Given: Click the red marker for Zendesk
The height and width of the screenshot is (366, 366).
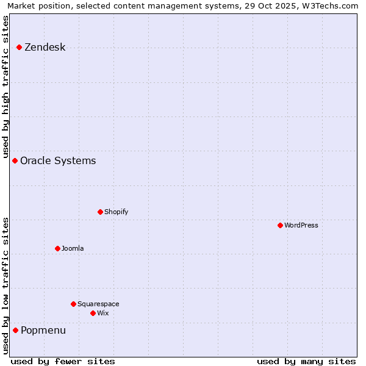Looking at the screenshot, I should pyautogui.click(x=20, y=47).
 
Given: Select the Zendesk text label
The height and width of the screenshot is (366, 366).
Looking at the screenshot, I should pyautogui.click(x=45, y=48).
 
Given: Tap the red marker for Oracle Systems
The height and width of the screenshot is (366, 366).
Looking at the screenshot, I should pyautogui.click(x=15, y=160).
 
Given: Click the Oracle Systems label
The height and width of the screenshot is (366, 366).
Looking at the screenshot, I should pyautogui.click(x=58, y=161).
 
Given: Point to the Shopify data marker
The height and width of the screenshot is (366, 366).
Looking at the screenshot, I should pyautogui.click(x=100, y=212).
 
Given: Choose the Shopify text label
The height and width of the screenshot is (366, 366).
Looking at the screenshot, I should pyautogui.click(x=116, y=212).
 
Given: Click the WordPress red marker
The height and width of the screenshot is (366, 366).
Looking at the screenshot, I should pyautogui.click(x=280, y=225).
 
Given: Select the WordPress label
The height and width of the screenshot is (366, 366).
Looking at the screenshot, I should pyautogui.click(x=301, y=225).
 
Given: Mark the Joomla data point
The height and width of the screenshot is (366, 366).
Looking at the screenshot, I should pyautogui.click(x=57, y=248).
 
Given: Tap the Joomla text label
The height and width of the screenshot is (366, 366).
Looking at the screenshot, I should pyautogui.click(x=73, y=248).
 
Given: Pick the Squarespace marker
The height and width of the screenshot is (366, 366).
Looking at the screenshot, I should pyautogui.click(x=73, y=304).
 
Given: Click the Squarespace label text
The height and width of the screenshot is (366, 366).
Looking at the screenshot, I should pyautogui.click(x=98, y=304).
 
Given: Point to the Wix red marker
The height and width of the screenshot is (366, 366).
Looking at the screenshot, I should pyautogui.click(x=93, y=313).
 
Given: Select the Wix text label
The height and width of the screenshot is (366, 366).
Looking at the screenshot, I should pyautogui.click(x=102, y=313).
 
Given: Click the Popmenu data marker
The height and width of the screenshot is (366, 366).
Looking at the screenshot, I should pyautogui.click(x=15, y=330).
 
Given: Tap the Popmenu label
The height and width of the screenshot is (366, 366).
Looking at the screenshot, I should pyautogui.click(x=43, y=331).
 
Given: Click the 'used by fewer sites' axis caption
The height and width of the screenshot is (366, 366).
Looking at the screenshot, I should pyautogui.click(x=63, y=361).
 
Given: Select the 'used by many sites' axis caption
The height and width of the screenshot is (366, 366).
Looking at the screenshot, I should pyautogui.click(x=306, y=361).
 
